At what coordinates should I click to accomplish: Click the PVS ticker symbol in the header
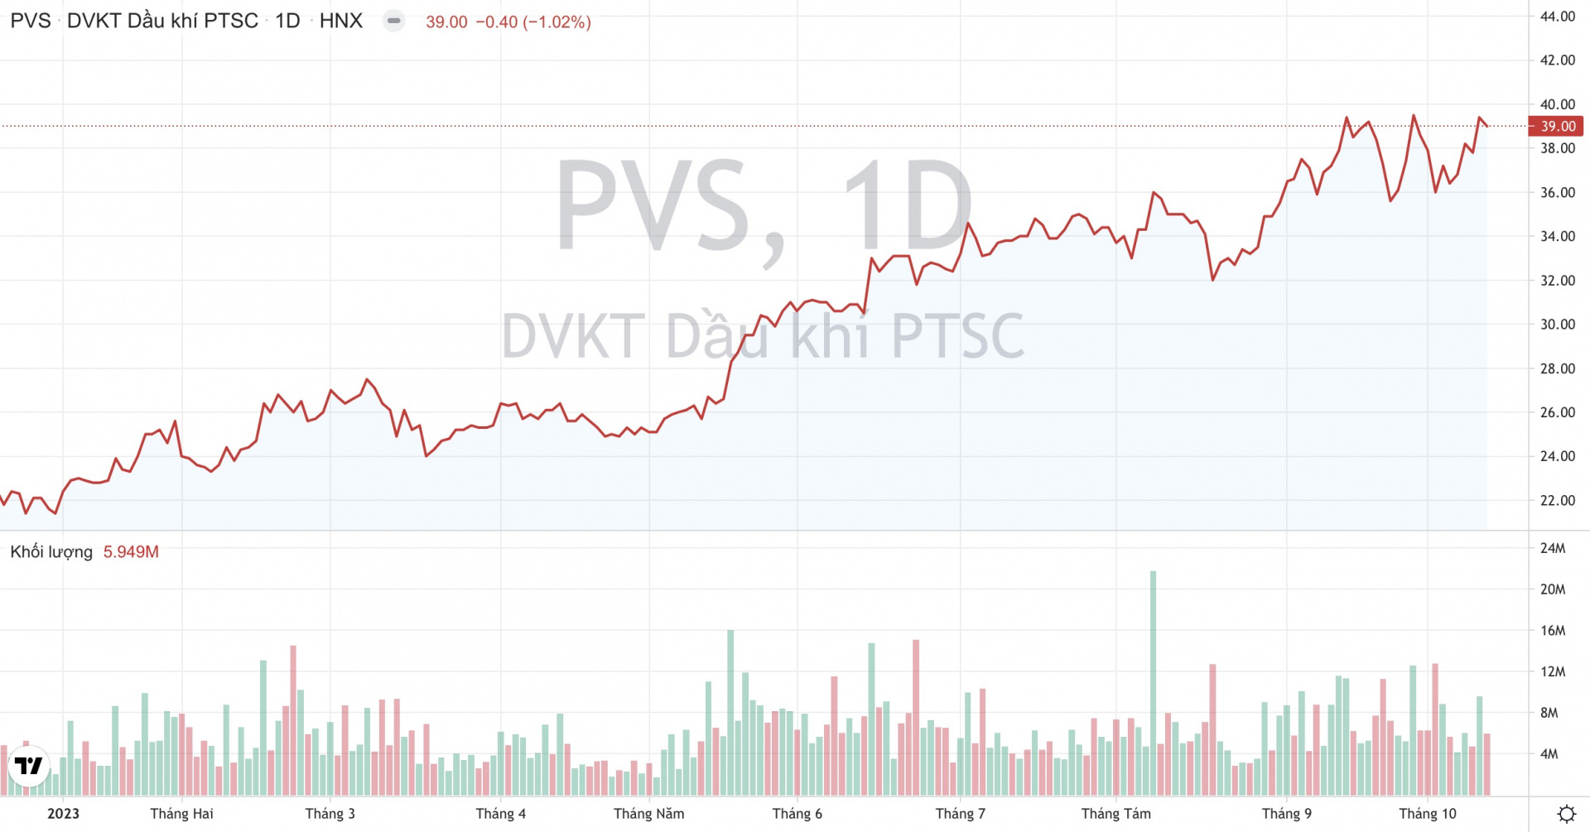[x=31, y=21]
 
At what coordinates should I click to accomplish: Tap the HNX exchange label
[x=341, y=21]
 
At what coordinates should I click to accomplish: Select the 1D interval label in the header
[x=287, y=21]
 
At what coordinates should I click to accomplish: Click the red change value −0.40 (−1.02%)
[x=532, y=22]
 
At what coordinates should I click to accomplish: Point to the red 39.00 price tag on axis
[x=1557, y=127]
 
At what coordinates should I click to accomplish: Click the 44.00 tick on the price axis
[x=1557, y=17]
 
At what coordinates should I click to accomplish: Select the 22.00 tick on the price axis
[x=1557, y=500]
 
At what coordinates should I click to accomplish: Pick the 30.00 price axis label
[x=1557, y=325]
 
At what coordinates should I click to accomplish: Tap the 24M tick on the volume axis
[x=1553, y=548]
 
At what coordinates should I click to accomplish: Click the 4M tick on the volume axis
[x=1549, y=754]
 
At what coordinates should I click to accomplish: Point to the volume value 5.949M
[x=131, y=552]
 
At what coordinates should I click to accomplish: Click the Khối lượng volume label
[x=51, y=552]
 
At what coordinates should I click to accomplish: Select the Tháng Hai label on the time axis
[x=181, y=814]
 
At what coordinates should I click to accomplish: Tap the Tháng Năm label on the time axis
[x=648, y=814]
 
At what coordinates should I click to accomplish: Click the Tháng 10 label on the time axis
[x=1427, y=814]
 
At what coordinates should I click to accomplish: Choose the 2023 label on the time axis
[x=63, y=814]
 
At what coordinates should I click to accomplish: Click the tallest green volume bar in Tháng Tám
[x=1153, y=683]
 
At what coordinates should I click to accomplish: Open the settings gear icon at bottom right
[x=1566, y=814]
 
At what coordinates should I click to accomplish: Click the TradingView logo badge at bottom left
[x=29, y=766]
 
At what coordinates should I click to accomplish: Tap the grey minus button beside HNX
[x=394, y=21]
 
